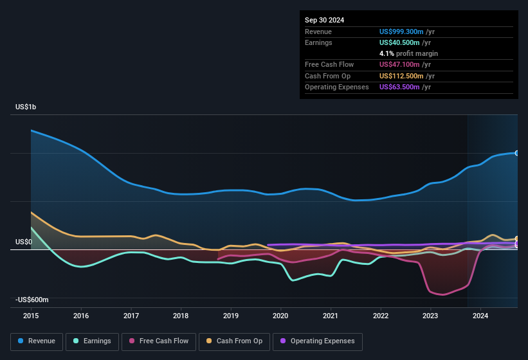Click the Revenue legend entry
coord(37,341)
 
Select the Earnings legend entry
coord(93,341)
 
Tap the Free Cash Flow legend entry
coord(159,341)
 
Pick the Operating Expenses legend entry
coord(318,341)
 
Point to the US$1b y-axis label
coord(26,107)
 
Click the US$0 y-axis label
coord(23,242)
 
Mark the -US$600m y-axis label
coord(32,300)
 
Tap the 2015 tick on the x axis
coord(31,316)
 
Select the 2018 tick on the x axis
coord(181,316)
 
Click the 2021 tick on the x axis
coord(331,316)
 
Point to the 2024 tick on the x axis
coord(480,316)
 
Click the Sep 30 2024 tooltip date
coord(325,20)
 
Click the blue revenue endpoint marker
coord(516,153)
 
